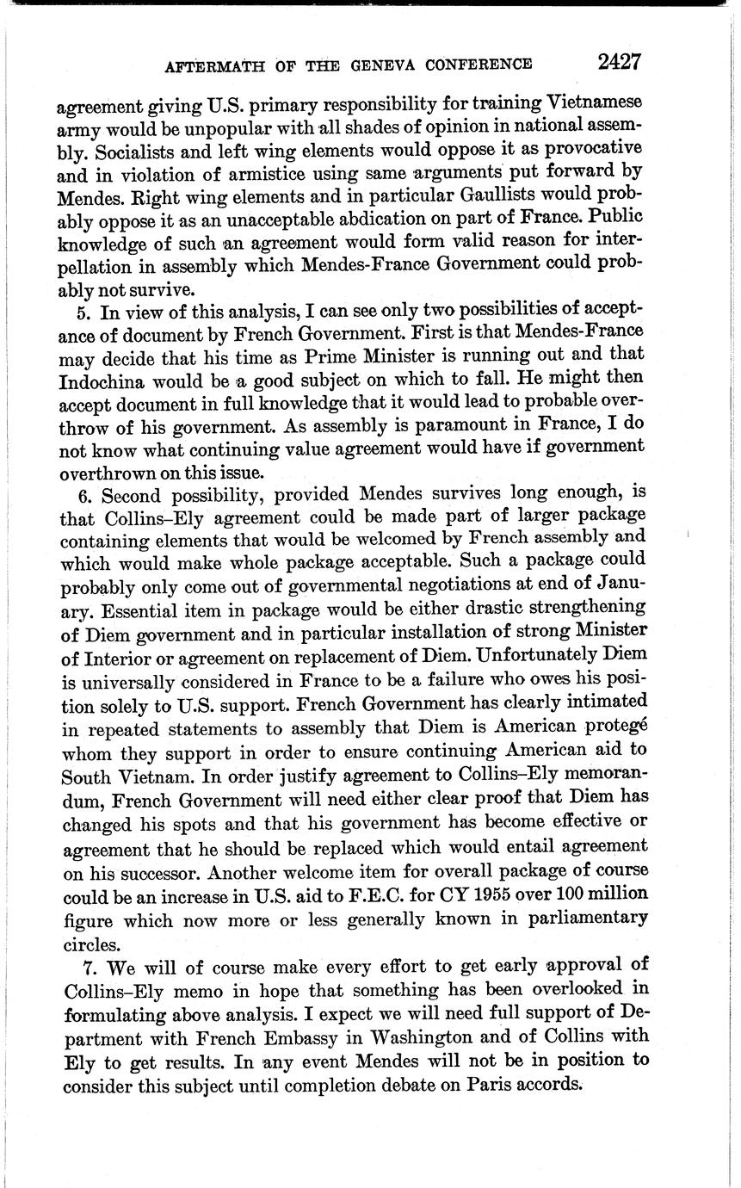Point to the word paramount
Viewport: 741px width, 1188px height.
[x=440, y=424]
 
